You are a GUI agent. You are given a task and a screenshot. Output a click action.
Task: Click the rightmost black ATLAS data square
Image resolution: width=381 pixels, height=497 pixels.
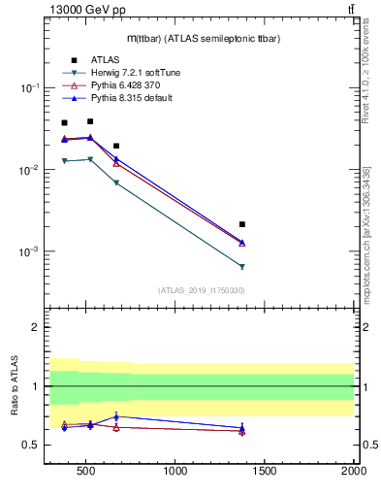pos(242,224)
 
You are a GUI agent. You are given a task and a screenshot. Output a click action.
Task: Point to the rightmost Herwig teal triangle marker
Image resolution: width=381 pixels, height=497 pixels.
pos(242,266)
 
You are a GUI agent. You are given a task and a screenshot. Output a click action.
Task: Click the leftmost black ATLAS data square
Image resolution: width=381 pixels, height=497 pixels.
pos(65,123)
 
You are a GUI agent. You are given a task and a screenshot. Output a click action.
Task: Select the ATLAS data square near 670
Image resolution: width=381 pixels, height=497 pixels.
pos(116,146)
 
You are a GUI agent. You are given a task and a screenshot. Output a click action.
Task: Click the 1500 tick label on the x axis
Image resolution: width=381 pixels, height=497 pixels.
pos(265,473)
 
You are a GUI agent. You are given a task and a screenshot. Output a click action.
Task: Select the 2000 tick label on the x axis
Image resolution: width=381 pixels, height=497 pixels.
pos(353,473)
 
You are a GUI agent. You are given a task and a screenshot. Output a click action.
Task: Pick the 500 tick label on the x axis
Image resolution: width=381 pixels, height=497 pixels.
pos(86,473)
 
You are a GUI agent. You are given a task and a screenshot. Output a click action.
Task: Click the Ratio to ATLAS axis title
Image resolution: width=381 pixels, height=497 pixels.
pos(14,386)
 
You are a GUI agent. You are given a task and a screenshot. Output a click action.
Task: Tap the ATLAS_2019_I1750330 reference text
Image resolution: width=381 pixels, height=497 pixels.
pos(201,290)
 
